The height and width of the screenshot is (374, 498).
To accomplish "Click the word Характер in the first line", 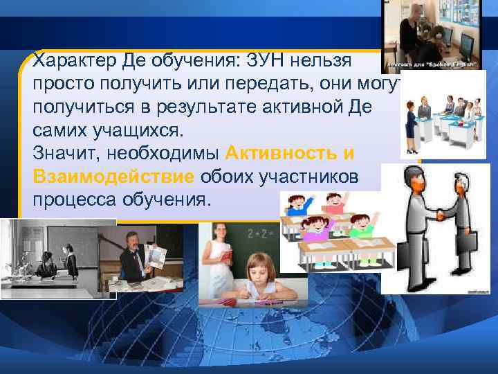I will (x=66, y=62).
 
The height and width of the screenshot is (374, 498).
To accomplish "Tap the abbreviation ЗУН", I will (x=257, y=62).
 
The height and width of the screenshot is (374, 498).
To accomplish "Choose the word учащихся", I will (x=117, y=130).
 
